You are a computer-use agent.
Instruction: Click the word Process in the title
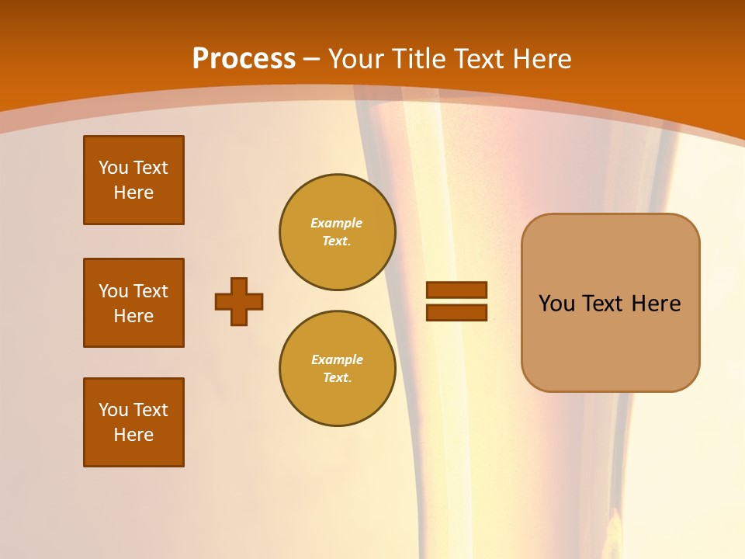click(x=244, y=59)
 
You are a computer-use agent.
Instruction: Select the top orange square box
click(x=133, y=180)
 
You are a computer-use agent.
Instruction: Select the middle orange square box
click(x=133, y=303)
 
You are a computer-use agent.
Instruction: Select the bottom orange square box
click(x=133, y=422)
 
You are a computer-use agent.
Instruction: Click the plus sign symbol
click(x=239, y=301)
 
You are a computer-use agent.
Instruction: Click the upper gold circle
click(x=337, y=232)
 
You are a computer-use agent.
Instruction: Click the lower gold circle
click(x=337, y=369)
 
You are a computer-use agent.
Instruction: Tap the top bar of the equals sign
click(x=456, y=290)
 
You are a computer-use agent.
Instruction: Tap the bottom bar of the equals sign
click(x=456, y=313)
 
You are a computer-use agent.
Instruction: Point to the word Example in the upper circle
click(x=337, y=223)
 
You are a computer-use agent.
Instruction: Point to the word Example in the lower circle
click(x=337, y=359)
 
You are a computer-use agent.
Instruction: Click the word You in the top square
click(x=113, y=168)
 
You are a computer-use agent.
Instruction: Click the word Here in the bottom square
click(x=133, y=435)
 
